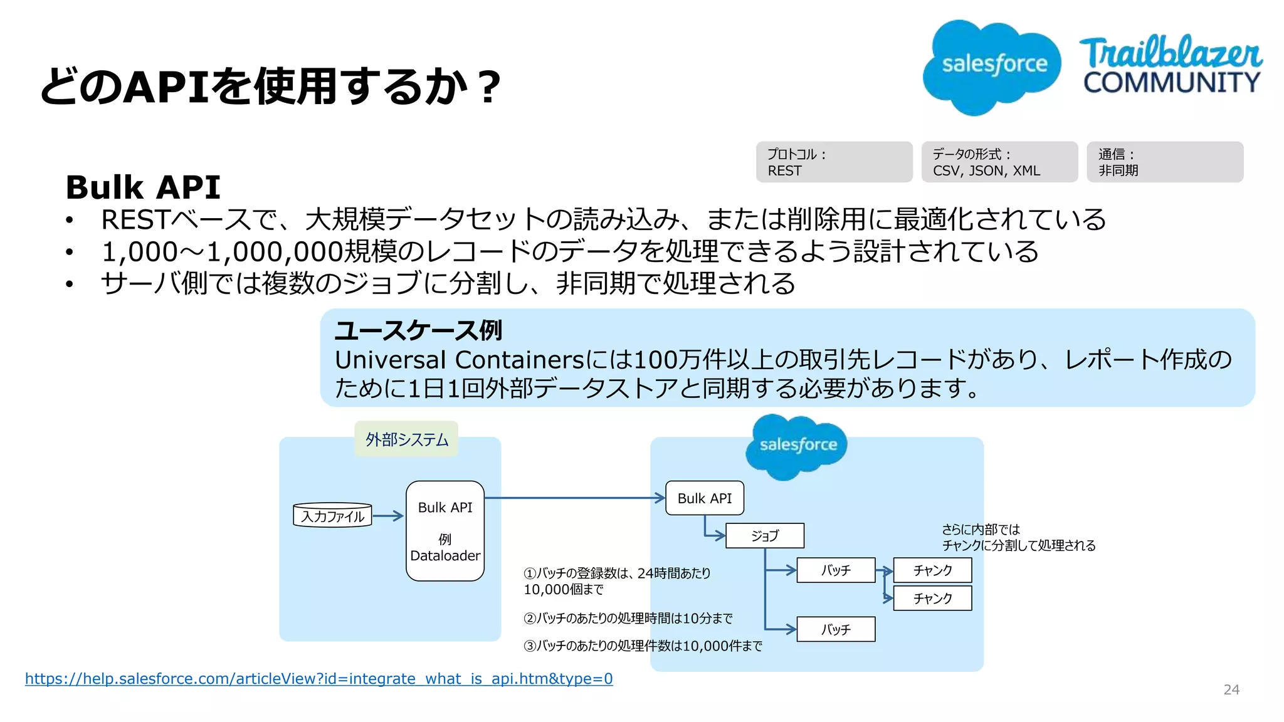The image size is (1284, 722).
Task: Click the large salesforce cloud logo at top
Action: (x=992, y=66)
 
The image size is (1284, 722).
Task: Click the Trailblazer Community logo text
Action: (x=1171, y=66)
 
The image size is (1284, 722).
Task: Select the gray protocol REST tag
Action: (x=833, y=162)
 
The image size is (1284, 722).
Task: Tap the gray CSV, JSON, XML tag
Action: (x=999, y=162)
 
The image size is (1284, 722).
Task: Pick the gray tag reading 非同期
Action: (x=1164, y=162)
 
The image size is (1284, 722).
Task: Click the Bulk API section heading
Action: (x=143, y=187)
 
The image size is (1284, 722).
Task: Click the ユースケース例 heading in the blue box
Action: (x=418, y=330)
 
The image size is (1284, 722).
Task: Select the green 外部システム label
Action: (x=406, y=439)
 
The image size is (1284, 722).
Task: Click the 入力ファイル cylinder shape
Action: (x=332, y=516)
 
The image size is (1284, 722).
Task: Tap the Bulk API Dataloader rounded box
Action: (x=445, y=531)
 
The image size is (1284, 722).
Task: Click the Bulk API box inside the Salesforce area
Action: (x=704, y=498)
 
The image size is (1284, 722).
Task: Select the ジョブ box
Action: (x=764, y=536)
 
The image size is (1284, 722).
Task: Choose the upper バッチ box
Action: (x=836, y=570)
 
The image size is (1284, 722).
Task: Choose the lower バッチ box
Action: (x=836, y=629)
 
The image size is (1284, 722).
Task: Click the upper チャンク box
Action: (x=932, y=570)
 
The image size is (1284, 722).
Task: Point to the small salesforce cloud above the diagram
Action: (x=797, y=446)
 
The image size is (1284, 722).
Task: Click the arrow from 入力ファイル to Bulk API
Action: (x=389, y=516)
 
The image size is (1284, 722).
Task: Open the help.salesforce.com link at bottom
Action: (x=318, y=679)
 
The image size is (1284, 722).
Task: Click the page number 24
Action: (x=1231, y=690)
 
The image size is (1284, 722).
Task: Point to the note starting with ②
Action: (x=628, y=619)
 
